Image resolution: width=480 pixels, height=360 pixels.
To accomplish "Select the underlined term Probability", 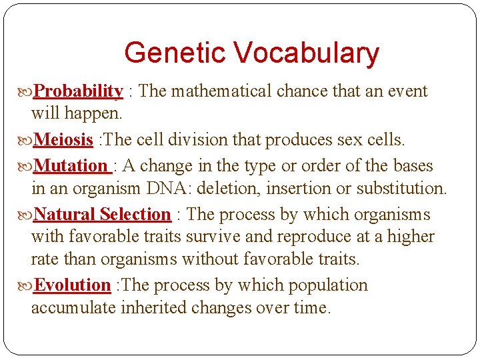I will [78, 91].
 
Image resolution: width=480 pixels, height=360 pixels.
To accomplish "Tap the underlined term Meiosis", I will [63, 140].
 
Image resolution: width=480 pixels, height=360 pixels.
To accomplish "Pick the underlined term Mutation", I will [71, 165].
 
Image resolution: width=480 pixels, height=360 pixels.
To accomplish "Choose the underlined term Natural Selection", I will [102, 215].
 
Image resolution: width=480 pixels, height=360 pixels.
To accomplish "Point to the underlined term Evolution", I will [72, 285].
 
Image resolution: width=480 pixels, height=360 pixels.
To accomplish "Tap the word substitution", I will [401, 189].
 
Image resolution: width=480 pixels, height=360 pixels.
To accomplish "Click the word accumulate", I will [73, 308].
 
